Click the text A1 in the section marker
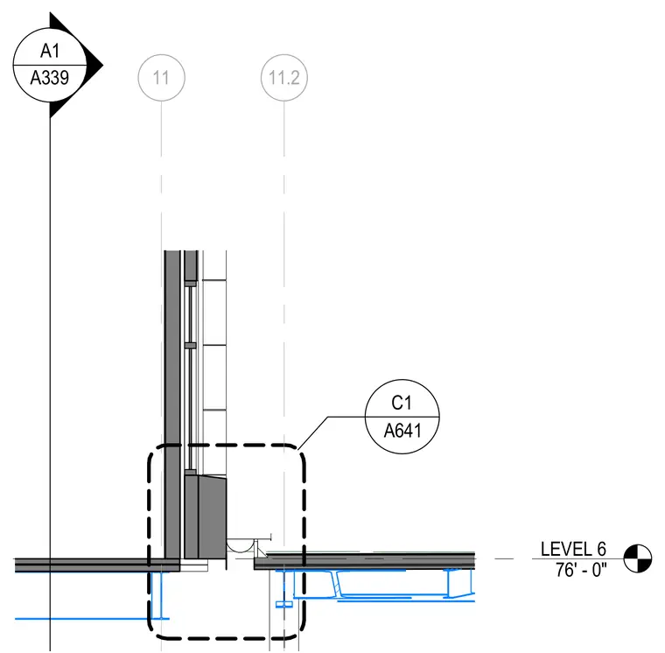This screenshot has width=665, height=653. (x=50, y=51)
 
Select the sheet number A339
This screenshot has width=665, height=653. (x=50, y=78)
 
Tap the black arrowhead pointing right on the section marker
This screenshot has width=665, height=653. (x=95, y=66)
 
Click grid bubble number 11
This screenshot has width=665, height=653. (x=161, y=78)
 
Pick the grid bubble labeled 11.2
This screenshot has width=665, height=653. (x=283, y=78)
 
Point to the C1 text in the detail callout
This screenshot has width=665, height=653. (x=402, y=403)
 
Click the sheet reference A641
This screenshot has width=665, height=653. (x=402, y=431)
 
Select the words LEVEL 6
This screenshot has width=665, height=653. (x=573, y=550)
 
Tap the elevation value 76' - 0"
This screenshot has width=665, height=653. (x=581, y=570)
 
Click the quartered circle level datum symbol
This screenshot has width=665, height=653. (x=637, y=558)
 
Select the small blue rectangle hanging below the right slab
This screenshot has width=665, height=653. (x=283, y=604)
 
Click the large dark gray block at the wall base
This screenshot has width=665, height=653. (x=206, y=516)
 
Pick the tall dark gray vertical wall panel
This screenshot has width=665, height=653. (x=172, y=404)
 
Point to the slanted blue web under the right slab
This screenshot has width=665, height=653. (x=338, y=584)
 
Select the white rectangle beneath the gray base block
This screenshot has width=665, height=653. (x=194, y=565)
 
